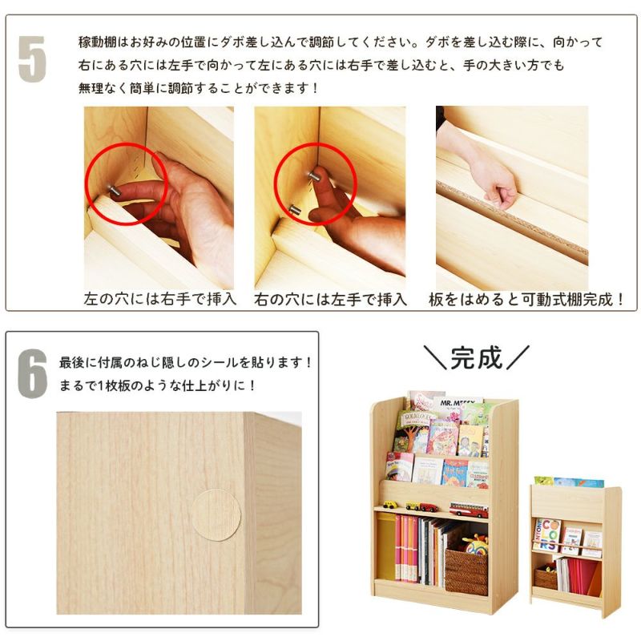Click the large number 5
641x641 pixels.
32,58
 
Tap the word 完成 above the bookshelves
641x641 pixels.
476,358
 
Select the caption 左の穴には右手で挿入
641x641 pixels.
160,300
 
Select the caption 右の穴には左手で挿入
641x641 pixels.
330,300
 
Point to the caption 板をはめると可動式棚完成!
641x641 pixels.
526,300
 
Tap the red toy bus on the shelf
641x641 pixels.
468,509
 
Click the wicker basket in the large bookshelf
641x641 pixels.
466,570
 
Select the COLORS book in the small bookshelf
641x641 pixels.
549,533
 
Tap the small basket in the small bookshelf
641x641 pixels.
546,578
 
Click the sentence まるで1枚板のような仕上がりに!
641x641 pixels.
158,385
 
